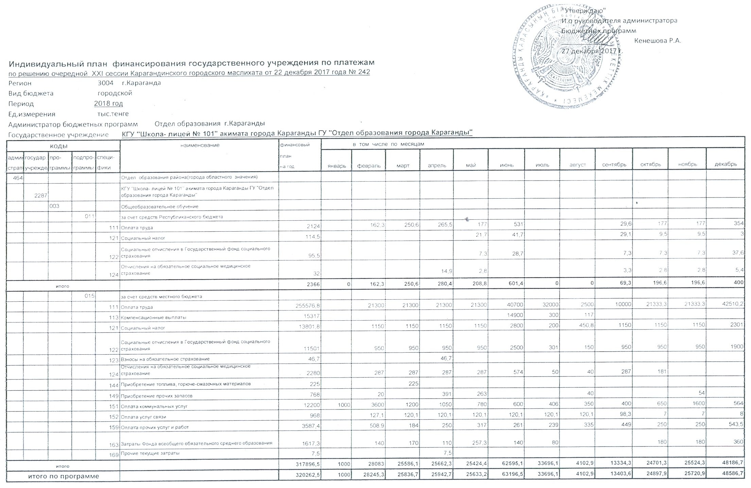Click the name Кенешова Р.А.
point(657,41)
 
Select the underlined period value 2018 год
point(108,103)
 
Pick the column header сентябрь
point(614,165)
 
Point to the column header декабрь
point(726,164)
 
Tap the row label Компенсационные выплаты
point(147,317)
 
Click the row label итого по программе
point(63,476)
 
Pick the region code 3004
point(105,83)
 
